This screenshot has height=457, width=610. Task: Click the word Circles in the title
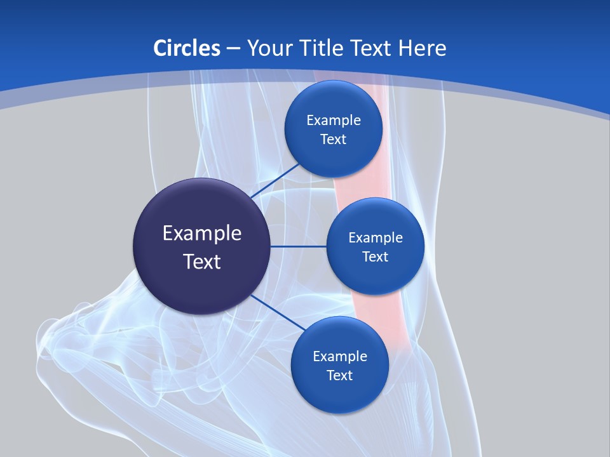pos(187,48)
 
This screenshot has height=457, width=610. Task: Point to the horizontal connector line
pos(299,246)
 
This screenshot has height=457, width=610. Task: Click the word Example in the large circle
pos(202,234)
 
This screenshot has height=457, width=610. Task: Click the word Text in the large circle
pos(202,262)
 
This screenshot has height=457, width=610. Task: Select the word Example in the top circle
pos(334,121)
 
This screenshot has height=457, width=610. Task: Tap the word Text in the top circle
pos(334,140)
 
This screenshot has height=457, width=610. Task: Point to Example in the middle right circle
pos(376,238)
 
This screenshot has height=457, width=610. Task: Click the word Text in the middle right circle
pos(376,257)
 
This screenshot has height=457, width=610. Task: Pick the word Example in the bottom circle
pos(340,357)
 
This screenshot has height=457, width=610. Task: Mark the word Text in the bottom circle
pos(340,376)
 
